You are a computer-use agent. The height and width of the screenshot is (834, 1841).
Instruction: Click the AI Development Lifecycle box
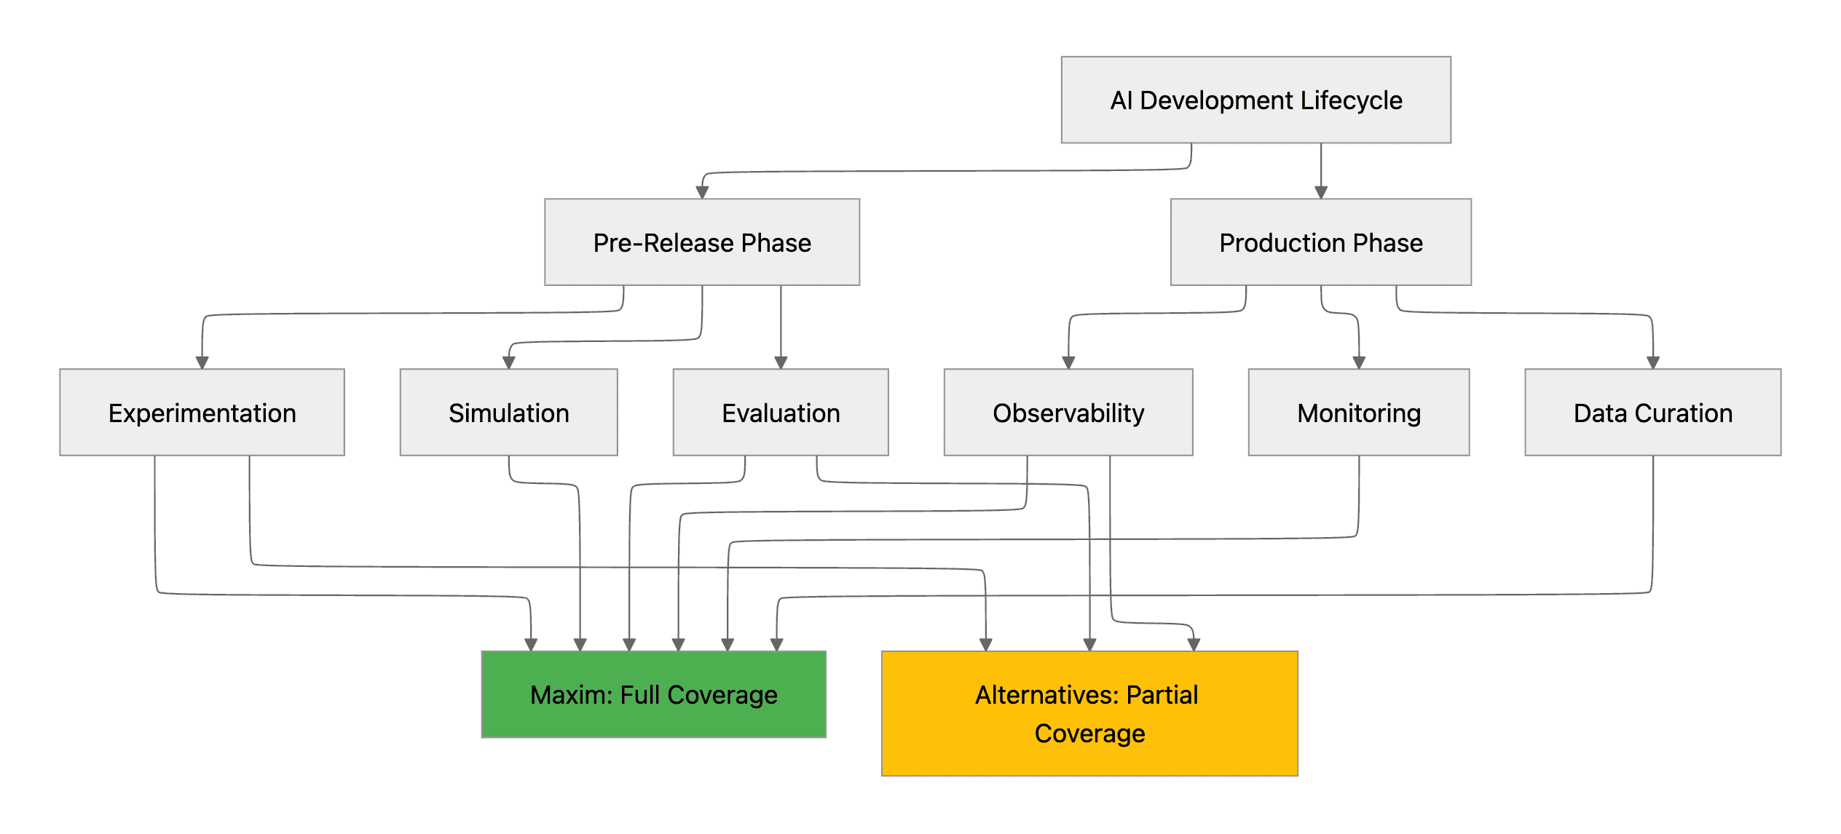click(1255, 100)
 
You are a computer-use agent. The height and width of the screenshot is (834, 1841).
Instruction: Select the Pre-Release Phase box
click(702, 242)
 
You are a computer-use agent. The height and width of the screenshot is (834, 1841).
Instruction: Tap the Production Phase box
click(1320, 242)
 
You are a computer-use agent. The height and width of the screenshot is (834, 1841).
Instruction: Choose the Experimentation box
click(202, 413)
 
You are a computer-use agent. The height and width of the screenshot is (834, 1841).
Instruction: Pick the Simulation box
click(508, 413)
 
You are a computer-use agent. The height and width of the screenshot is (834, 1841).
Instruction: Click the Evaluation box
click(781, 413)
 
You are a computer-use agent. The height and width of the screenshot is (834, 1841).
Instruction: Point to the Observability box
click(1068, 413)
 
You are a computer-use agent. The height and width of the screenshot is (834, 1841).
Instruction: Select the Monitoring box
click(1358, 413)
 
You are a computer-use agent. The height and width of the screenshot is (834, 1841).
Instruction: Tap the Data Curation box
click(1652, 413)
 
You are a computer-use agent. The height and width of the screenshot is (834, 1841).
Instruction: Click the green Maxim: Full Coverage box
click(653, 694)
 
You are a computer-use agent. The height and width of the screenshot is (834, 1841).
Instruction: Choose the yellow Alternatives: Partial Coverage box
click(1089, 713)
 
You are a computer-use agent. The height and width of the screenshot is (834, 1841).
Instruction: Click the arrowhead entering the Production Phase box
click(1321, 192)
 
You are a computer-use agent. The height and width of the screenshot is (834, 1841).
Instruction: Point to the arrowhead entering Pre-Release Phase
click(702, 192)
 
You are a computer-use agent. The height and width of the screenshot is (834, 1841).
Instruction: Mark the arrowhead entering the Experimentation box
click(202, 362)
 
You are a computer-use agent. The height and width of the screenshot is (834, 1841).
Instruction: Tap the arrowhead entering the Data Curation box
click(1652, 362)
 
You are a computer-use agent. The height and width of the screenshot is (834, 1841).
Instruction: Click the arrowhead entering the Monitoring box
click(1358, 362)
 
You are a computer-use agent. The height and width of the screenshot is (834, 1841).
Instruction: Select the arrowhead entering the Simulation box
click(509, 362)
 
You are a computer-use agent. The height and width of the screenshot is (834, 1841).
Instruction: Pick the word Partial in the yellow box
click(1162, 695)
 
